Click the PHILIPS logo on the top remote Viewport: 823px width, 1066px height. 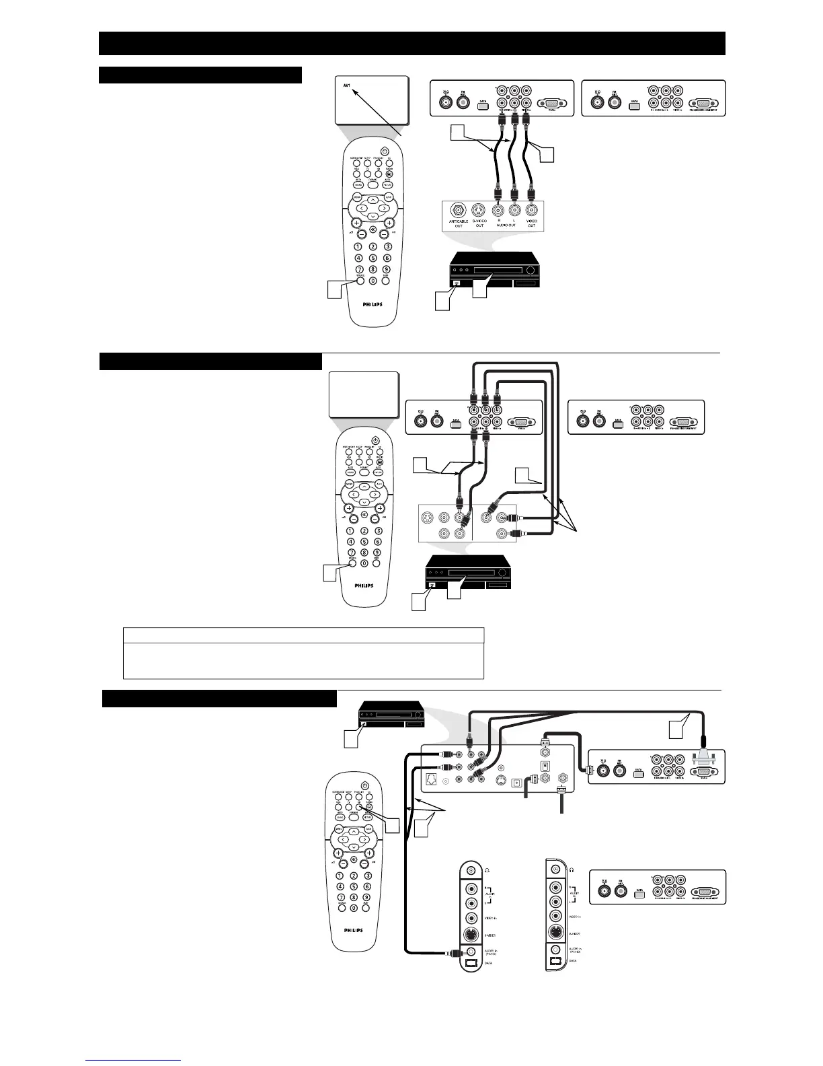372,304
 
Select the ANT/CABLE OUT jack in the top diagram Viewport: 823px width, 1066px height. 459,210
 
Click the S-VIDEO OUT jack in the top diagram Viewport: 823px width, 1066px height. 479,210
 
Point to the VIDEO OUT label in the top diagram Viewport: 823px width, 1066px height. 531,223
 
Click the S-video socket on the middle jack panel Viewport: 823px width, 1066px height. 426,518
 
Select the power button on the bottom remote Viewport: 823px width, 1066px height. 364,785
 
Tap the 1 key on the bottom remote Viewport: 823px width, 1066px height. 342,876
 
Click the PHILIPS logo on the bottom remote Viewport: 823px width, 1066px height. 354,930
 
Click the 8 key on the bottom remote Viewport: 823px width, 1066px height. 354,897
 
